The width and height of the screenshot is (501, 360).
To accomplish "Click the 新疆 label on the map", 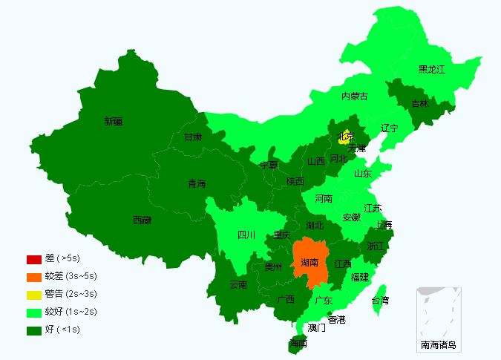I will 114,121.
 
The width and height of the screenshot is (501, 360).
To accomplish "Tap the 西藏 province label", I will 142,220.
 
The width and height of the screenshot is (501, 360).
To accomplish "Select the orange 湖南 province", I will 310,263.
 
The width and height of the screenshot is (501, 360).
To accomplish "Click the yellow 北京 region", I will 346,137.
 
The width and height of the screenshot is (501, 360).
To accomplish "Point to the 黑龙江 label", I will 431,70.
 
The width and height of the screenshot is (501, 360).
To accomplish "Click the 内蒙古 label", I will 354,96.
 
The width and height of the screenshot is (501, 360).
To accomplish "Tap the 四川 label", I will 246,235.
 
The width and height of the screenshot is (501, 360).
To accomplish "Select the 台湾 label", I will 380,301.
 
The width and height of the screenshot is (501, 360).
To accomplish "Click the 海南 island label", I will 298,344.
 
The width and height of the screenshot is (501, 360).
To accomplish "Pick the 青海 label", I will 197,184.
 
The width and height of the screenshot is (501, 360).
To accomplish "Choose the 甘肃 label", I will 193,137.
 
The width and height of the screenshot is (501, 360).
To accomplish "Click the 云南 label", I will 238,284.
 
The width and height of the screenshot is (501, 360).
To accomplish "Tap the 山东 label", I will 362,174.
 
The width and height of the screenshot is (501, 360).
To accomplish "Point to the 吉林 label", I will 419,104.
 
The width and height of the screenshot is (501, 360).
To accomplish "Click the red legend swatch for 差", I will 33,259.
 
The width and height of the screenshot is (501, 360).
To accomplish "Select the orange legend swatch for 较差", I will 33,277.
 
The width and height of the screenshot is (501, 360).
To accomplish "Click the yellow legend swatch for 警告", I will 33,295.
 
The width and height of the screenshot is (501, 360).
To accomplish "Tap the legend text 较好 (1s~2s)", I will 71,312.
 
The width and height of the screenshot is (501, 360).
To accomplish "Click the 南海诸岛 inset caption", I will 439,344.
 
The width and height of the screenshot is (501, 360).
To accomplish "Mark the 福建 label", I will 360,277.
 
